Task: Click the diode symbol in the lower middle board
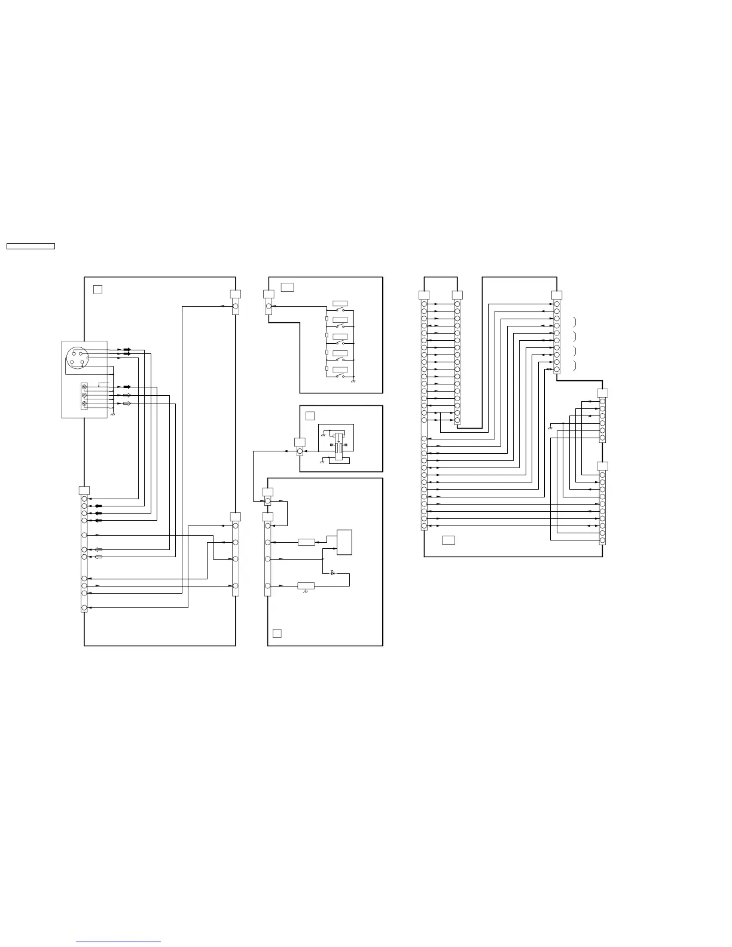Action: pyautogui.click(x=333, y=573)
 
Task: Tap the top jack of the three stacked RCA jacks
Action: pyautogui.click(x=84, y=387)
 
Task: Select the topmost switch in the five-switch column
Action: pyautogui.click(x=340, y=311)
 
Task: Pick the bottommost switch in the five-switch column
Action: pyautogui.click(x=340, y=377)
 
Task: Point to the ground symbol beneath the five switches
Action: pyautogui.click(x=353, y=381)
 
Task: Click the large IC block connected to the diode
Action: pyautogui.click(x=344, y=542)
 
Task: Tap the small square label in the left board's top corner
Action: pyautogui.click(x=98, y=289)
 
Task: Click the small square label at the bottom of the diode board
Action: pyautogui.click(x=277, y=633)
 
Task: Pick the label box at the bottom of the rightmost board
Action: pyautogui.click(x=448, y=540)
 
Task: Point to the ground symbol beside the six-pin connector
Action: pyautogui.click(x=550, y=427)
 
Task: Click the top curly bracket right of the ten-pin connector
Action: pyautogui.click(x=574, y=322)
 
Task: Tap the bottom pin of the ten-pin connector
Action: pyautogui.click(x=557, y=369)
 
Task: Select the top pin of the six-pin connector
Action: pyautogui.click(x=602, y=401)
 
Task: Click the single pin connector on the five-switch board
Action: pyautogui.click(x=269, y=306)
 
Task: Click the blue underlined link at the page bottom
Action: pyautogui.click(x=119, y=942)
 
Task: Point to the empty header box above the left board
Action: pyautogui.click(x=30, y=246)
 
